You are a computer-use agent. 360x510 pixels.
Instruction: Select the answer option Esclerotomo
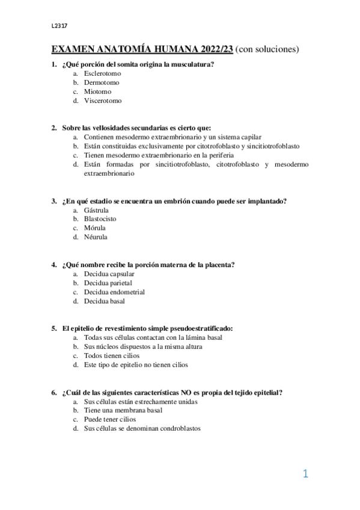102,73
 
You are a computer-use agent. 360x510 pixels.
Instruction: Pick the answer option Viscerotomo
102,101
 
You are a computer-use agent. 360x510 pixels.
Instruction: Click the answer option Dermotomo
102,82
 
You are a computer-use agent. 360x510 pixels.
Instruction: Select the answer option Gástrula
96,210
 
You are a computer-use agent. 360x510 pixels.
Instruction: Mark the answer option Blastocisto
100,219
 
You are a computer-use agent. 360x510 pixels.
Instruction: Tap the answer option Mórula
95,228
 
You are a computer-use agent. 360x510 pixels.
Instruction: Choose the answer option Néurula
96,237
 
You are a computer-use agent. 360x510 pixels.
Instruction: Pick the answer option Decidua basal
104,301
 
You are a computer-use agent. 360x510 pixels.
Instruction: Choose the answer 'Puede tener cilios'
109,419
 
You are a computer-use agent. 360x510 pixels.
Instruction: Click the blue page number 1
305,474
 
